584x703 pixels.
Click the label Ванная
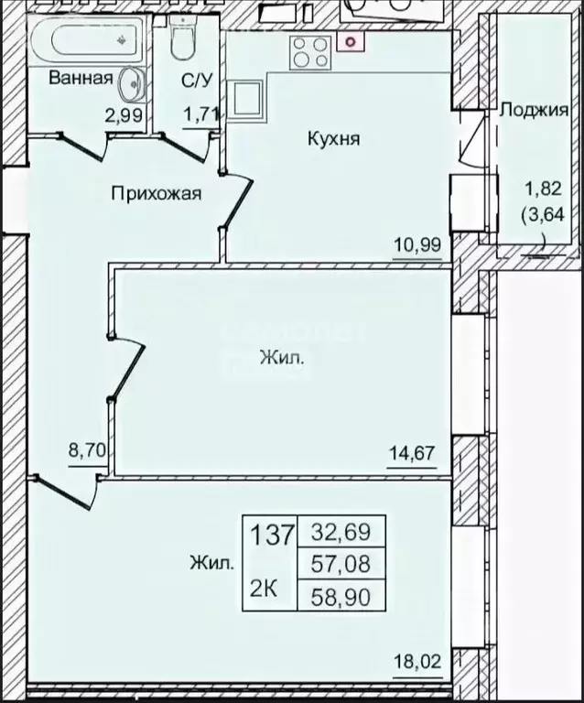coord(81,78)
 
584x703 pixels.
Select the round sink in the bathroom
coord(132,85)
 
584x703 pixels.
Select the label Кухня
coord(333,139)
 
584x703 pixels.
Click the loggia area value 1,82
coord(536,190)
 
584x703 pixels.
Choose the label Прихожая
coord(156,193)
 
